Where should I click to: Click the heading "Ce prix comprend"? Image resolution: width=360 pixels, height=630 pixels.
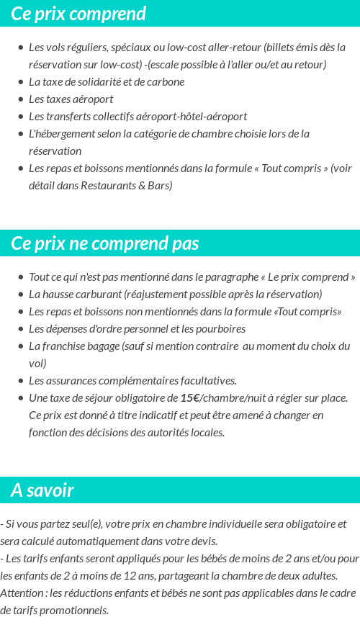click(78, 14)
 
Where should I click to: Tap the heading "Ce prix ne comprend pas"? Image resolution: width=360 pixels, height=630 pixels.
click(105, 243)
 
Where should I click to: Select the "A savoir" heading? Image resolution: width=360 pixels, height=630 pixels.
click(42, 490)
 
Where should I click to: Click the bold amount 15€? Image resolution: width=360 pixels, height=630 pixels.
click(190, 398)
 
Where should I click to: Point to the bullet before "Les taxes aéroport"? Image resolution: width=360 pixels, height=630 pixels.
click(21, 99)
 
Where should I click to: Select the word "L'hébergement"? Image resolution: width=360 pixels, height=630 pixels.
click(61, 134)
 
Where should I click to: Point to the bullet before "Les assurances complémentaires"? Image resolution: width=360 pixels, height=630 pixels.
click(21, 381)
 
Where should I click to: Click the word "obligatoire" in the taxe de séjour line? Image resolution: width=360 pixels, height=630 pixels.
click(140, 398)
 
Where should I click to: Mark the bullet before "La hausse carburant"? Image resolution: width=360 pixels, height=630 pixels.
click(21, 294)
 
